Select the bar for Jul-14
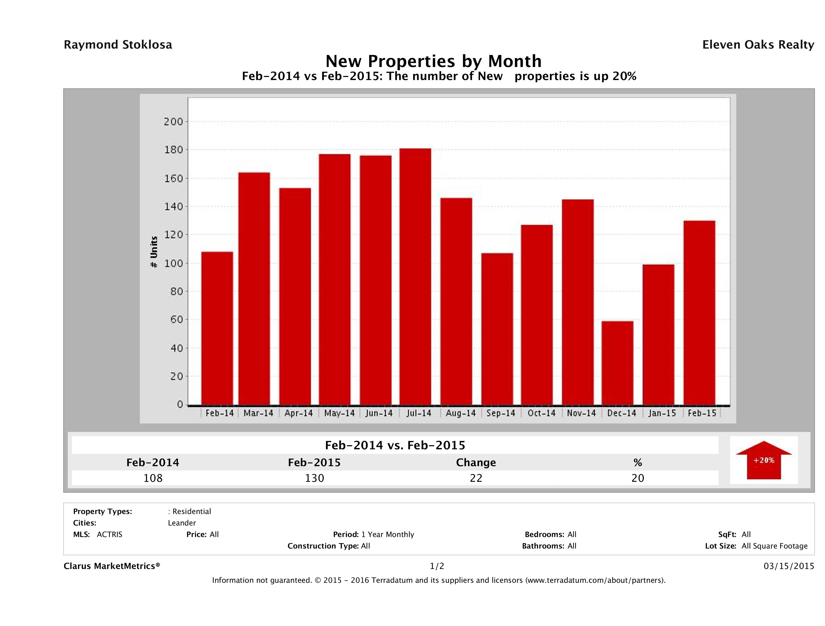click(x=415, y=276)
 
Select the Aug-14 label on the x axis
click(x=461, y=413)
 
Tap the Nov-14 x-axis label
click(x=581, y=413)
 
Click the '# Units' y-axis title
click(x=154, y=252)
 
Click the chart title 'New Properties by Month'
click(x=433, y=61)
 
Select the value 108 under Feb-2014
click(x=153, y=478)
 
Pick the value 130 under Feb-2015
click(x=314, y=478)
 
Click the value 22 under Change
click(x=476, y=478)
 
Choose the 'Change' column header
click(x=476, y=463)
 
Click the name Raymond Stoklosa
click(x=118, y=45)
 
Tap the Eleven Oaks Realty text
click(x=758, y=45)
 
